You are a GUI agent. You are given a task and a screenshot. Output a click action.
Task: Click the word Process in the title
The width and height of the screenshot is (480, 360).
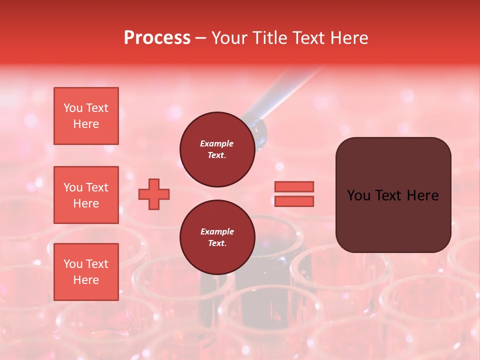tap(157, 38)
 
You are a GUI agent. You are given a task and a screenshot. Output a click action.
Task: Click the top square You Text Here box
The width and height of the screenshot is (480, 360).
tap(86, 116)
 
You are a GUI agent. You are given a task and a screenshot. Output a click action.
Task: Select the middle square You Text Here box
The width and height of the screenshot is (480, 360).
tap(86, 195)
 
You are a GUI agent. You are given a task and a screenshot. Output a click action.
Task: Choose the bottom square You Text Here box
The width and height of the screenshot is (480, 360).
tap(86, 272)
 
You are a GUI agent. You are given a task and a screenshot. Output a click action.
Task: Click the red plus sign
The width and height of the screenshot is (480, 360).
tap(154, 194)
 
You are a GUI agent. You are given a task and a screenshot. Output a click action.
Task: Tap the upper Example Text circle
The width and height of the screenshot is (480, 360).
tap(217, 149)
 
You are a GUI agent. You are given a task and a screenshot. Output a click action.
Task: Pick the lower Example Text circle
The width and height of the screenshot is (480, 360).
tap(217, 237)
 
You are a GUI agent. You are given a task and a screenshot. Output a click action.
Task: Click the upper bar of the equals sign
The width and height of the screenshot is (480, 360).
tap(294, 187)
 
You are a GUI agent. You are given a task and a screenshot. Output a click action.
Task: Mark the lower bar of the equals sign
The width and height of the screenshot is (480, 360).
tap(294, 201)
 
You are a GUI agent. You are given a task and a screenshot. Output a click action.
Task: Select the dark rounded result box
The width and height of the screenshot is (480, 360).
tap(393, 195)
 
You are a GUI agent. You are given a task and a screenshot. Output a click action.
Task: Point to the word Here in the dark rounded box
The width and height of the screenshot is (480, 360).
tap(423, 195)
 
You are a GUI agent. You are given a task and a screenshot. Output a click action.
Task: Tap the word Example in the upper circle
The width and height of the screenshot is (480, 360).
tap(217, 143)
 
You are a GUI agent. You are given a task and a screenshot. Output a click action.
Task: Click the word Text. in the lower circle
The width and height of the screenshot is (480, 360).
tap(217, 243)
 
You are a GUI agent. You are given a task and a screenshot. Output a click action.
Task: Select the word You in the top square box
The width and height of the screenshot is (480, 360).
tap(73, 108)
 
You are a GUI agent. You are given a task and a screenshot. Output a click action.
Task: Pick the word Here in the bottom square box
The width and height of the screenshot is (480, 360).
tap(86, 280)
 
